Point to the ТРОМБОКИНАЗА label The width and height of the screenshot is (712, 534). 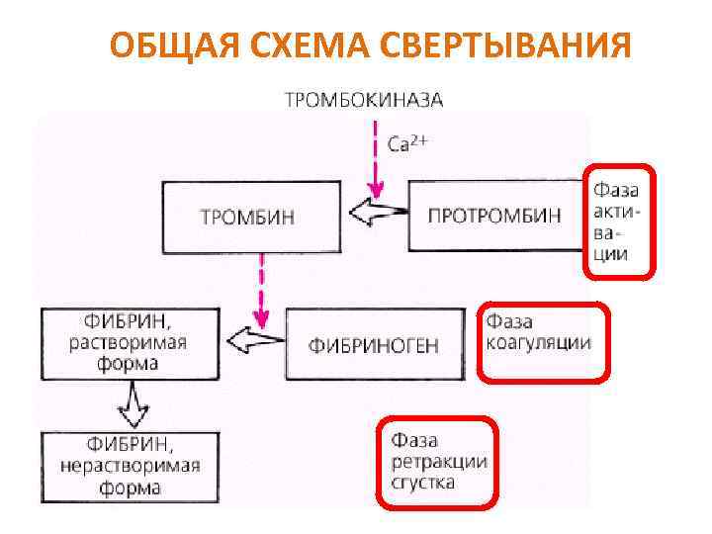pyautogui.click(x=364, y=100)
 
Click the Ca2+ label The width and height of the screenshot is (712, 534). pyautogui.click(x=407, y=144)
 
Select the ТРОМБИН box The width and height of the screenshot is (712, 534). pyautogui.click(x=246, y=216)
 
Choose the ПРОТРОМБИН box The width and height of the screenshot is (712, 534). pyautogui.click(x=494, y=216)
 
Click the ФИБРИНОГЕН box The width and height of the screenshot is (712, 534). pyautogui.click(x=374, y=345)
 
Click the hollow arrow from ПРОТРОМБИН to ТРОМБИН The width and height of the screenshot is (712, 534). pyautogui.click(x=381, y=211)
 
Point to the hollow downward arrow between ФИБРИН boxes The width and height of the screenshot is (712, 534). pyautogui.click(x=131, y=400)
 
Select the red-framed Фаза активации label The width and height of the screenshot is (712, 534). pyautogui.click(x=616, y=220)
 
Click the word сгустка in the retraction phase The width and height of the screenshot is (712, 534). pyautogui.click(x=423, y=483)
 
